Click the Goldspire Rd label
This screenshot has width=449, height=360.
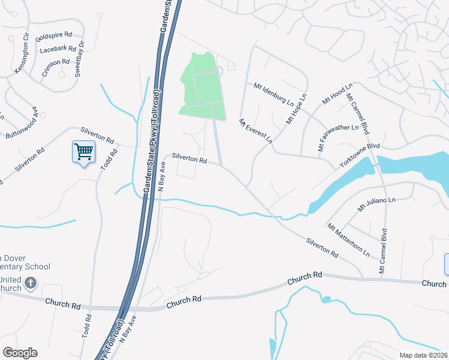(x=54, y=35)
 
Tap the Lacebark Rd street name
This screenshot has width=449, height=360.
(x=57, y=49)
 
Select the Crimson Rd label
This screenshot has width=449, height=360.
(x=56, y=62)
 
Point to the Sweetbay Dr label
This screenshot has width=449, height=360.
(x=78, y=53)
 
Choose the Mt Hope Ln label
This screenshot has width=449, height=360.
(x=296, y=108)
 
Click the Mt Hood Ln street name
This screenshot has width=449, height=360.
(x=336, y=95)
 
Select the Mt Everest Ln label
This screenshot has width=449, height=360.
(x=256, y=130)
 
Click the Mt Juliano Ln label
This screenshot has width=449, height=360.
(x=377, y=205)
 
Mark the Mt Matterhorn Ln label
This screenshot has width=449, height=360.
(x=349, y=240)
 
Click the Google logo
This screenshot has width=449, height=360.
(x=20, y=353)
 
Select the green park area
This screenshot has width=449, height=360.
(x=201, y=90)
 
